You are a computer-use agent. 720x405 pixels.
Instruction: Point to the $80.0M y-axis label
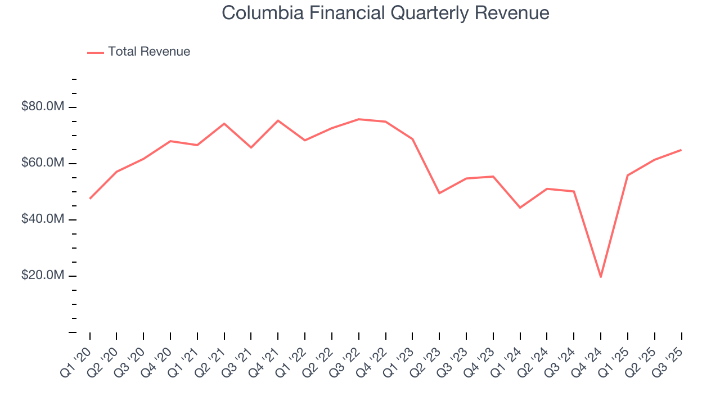[x=43, y=107]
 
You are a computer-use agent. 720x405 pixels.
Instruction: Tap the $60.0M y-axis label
[x=43, y=163]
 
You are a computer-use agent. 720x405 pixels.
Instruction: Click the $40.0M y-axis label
[x=43, y=219]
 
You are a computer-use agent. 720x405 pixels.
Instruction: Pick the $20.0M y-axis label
[x=43, y=276]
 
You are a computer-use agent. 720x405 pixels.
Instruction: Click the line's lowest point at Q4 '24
[x=601, y=277]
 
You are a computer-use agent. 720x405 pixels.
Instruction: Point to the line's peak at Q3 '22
[x=359, y=119]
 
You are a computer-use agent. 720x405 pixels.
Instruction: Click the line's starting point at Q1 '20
[x=90, y=199]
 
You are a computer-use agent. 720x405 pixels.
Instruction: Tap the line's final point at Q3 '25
[x=681, y=150]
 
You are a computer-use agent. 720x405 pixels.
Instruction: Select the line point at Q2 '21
[x=224, y=124]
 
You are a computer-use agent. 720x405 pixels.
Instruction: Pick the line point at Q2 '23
[x=439, y=193]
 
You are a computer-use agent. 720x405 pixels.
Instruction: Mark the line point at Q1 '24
[x=520, y=208]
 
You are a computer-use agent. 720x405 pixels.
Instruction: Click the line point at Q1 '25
[x=628, y=175]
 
